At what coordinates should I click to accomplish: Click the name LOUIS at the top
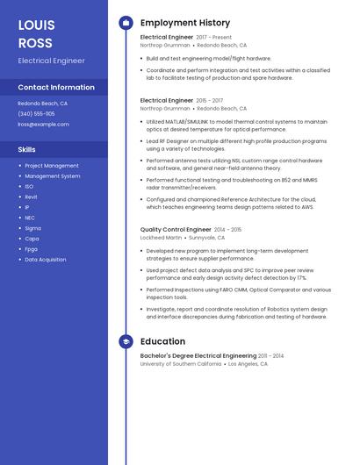pos(36,25)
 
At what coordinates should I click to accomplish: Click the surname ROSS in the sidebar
pos(35,43)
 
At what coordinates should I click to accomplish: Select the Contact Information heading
pos(56,88)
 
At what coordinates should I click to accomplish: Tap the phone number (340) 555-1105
pos(36,113)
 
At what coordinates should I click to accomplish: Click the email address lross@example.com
pos(43,124)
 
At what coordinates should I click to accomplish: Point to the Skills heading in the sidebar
pos(27,149)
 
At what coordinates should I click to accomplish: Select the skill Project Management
pos(51,166)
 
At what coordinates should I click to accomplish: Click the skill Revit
pos(31,197)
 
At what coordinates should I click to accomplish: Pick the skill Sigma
pos(32,228)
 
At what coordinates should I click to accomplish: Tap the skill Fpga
pos(32,249)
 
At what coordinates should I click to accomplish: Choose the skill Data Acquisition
pos(45,260)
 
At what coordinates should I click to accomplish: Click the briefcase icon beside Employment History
pos(126,23)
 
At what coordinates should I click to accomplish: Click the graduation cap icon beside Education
pos(126,341)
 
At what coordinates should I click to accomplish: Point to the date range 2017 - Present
pos(213,38)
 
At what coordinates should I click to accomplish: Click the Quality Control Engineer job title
pos(175,229)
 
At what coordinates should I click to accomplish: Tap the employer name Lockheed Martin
pos(161,237)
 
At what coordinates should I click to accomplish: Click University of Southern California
pos(181,363)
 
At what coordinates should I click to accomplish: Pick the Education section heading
pos(162,341)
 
